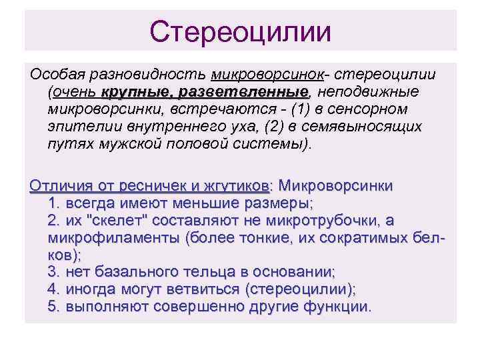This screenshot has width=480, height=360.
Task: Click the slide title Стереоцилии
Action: coord(240,31)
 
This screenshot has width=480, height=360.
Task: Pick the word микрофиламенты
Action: coord(114,238)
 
